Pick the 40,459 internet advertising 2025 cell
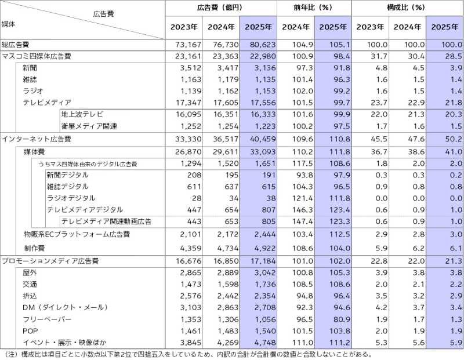[260, 140]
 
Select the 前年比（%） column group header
[314, 8]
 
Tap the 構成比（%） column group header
[407, 8]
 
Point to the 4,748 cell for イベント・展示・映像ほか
[261, 342]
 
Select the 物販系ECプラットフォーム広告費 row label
[76, 234]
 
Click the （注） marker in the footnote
[11, 354]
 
